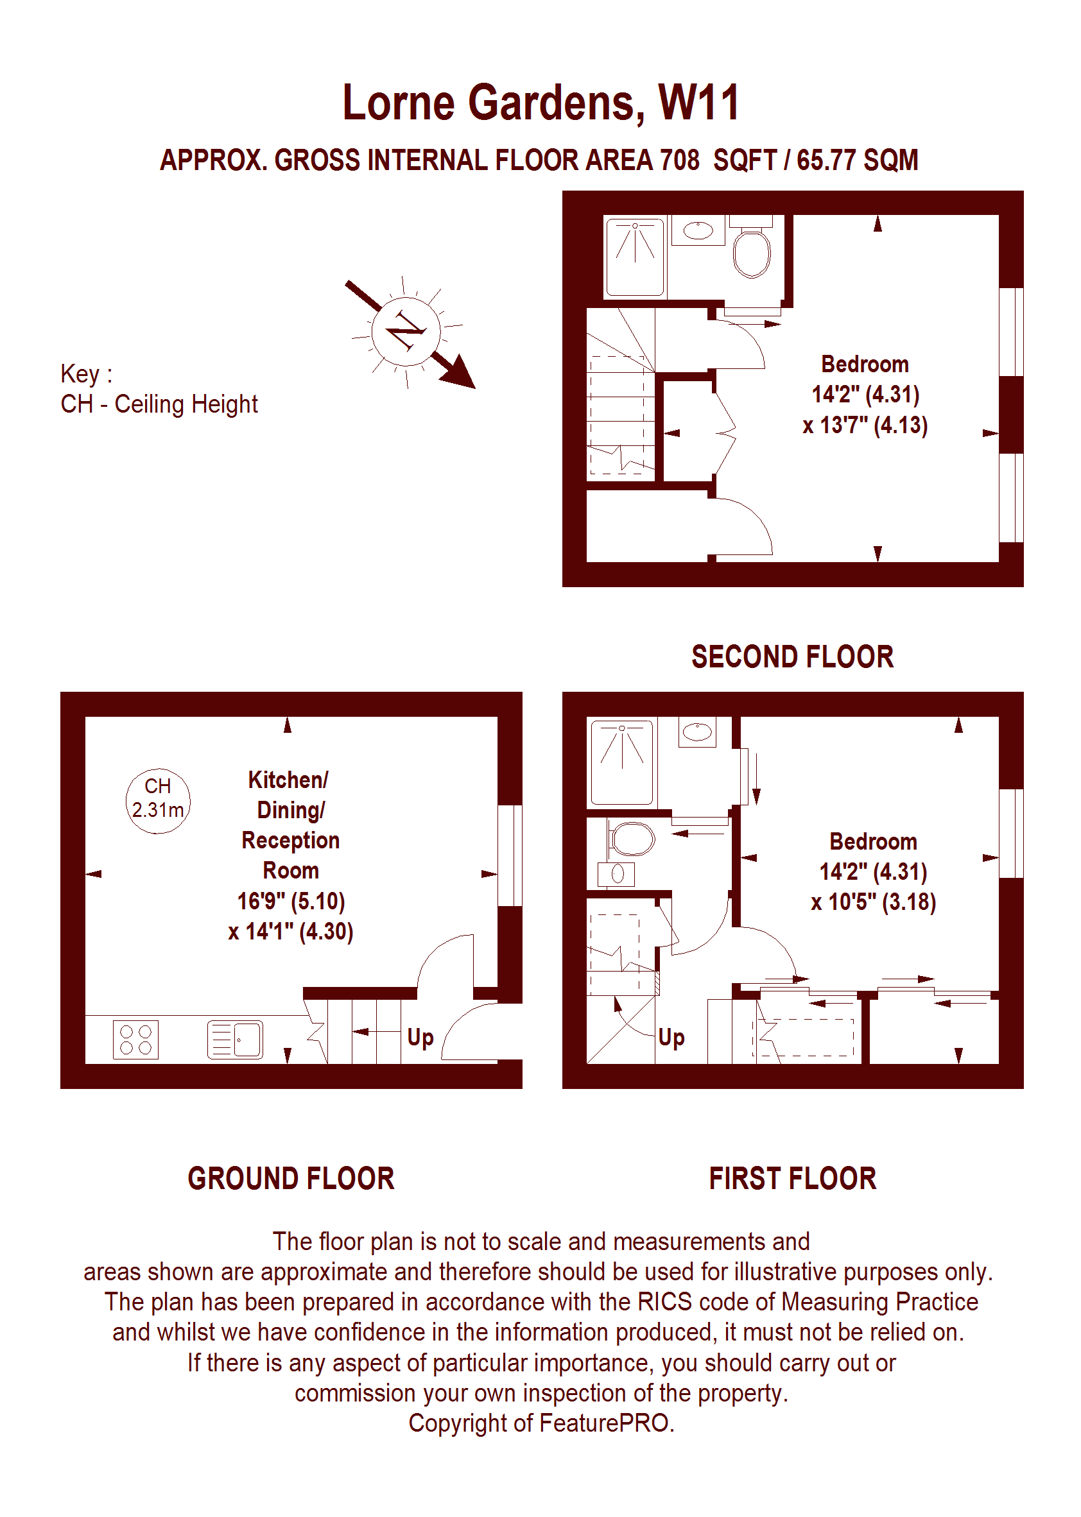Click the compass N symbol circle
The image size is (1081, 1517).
click(x=406, y=330)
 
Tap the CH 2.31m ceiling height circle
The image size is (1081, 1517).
click(x=158, y=801)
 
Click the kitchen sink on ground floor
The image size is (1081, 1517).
click(x=235, y=1040)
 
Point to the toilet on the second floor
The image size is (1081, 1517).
click(x=752, y=252)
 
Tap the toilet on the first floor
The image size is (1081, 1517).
click(x=631, y=838)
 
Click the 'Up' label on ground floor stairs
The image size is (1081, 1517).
click(x=420, y=1037)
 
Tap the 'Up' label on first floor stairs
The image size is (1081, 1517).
click(x=671, y=1037)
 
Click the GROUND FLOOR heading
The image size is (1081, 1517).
click(x=291, y=1178)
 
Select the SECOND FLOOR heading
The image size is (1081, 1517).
click(x=792, y=656)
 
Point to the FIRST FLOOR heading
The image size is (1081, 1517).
click(x=792, y=1178)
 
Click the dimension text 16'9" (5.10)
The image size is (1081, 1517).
click(x=291, y=901)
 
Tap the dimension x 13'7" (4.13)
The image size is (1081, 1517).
click(x=865, y=425)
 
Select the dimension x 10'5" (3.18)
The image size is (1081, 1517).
click(x=872, y=902)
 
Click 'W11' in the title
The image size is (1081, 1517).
click(x=698, y=103)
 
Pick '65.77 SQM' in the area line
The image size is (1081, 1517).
click(x=858, y=160)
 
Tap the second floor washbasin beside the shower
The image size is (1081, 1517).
click(x=698, y=231)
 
